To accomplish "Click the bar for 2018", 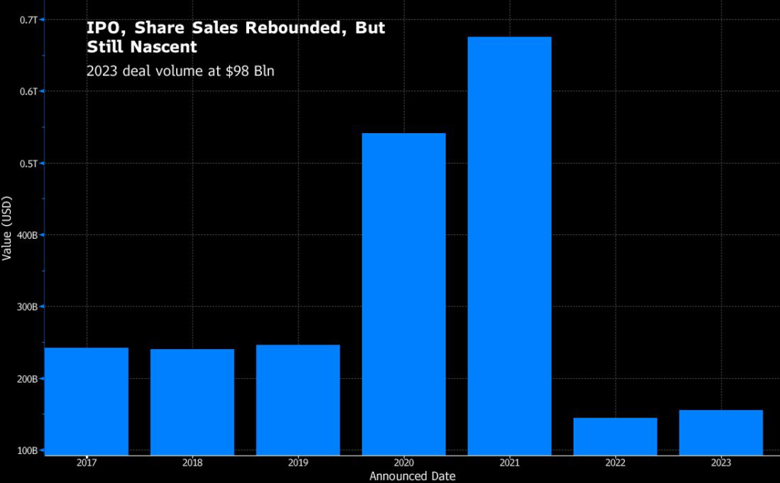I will click(192, 402).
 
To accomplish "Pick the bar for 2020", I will click(404, 294).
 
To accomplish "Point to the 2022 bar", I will click(615, 436).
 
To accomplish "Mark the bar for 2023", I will click(721, 432).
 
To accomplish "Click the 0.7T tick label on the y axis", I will click(28, 19).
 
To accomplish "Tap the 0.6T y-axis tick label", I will click(28, 91).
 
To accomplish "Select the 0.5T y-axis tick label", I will click(28, 163).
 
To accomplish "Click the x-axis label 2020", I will click(404, 462).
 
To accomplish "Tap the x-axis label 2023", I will click(721, 462).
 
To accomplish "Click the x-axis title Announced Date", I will click(412, 476).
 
